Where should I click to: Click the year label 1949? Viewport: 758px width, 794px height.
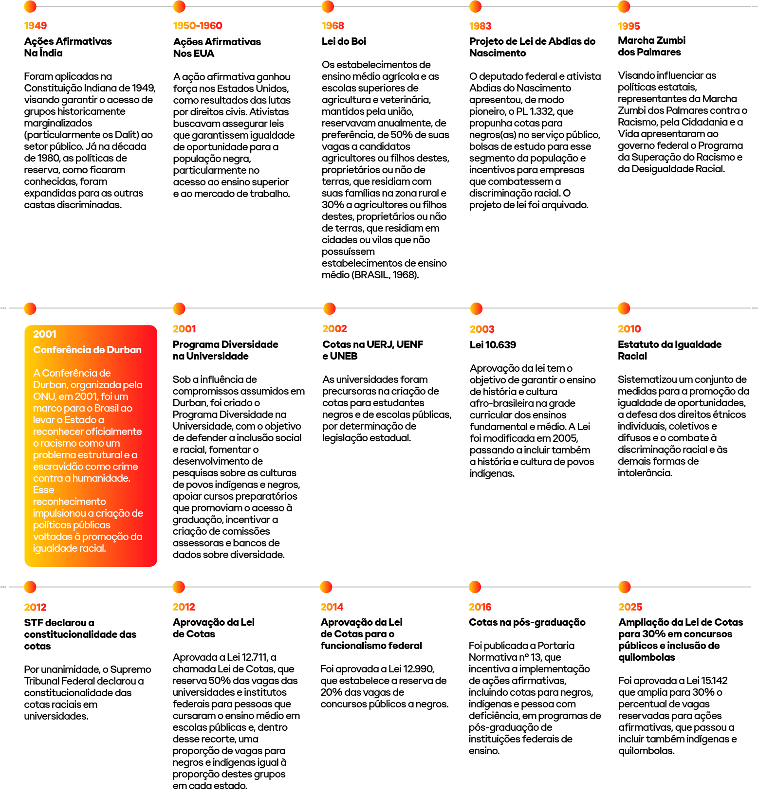pyautogui.click(x=35, y=25)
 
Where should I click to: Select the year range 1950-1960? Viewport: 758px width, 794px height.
pyautogui.click(x=197, y=25)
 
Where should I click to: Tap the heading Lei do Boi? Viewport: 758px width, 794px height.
pyautogui.click(x=344, y=41)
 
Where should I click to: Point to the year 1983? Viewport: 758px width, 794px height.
pyautogui.click(x=480, y=26)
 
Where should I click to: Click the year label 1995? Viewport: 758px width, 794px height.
pyautogui.click(x=629, y=26)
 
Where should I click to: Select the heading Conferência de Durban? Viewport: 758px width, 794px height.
pyautogui.click(x=87, y=350)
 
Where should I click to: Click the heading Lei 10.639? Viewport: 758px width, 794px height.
pyautogui.click(x=493, y=345)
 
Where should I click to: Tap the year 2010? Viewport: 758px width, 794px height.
pyautogui.click(x=629, y=329)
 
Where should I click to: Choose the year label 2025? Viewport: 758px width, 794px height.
pyautogui.click(x=630, y=607)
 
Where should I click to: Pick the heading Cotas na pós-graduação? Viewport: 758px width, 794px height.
pyautogui.click(x=527, y=622)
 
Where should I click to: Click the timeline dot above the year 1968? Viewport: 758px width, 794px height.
pyautogui.click(x=328, y=7)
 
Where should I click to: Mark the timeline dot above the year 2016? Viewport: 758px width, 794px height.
pyautogui.click(x=475, y=587)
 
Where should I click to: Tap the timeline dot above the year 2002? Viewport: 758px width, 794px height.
pyautogui.click(x=330, y=308)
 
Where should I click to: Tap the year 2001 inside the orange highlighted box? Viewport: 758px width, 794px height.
pyautogui.click(x=44, y=334)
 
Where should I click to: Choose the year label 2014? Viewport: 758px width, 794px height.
pyautogui.click(x=332, y=607)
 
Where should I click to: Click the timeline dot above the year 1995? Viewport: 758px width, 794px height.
pyautogui.click(x=624, y=7)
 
